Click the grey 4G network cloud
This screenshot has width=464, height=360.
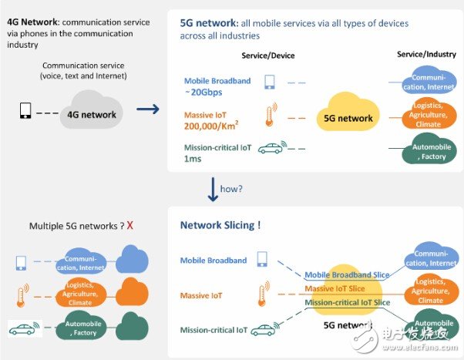coord(90,113)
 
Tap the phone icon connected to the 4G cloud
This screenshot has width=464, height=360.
coord(25,111)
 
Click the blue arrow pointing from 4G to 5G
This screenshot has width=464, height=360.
coord(147,109)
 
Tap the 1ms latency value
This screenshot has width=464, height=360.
coord(192,159)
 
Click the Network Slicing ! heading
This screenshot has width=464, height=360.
coord(220,225)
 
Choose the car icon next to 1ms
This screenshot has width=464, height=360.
coord(271,148)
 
